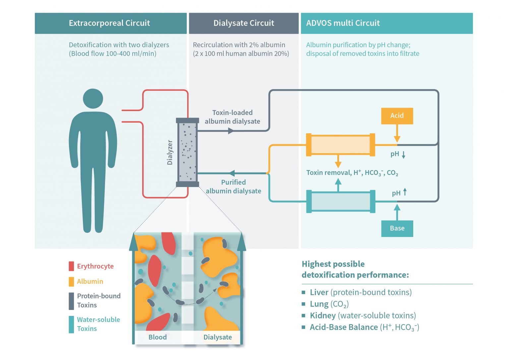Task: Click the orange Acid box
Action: pyautogui.click(x=397, y=116)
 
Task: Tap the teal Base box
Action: pyautogui.click(x=397, y=228)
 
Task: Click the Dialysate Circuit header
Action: pyautogui.click(x=244, y=23)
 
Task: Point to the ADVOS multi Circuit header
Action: pyautogui.click(x=386, y=23)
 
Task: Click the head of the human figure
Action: pyautogui.click(x=93, y=98)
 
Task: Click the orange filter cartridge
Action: pyautogui.click(x=340, y=145)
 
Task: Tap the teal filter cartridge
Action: pyautogui.click(x=340, y=201)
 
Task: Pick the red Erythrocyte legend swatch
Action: pyautogui.click(x=71, y=266)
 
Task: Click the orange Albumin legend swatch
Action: pyautogui.click(x=71, y=281)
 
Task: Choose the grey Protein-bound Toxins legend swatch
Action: pyautogui.click(x=71, y=301)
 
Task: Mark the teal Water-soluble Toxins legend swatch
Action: pyautogui.click(x=71, y=324)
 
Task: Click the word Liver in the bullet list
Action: pyautogui.click(x=319, y=292)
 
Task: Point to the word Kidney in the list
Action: pyautogui.click(x=322, y=316)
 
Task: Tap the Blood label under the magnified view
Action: pyautogui.click(x=157, y=337)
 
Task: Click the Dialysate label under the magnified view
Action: pyautogui.click(x=217, y=337)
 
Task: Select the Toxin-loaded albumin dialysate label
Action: pyautogui.click(x=232, y=117)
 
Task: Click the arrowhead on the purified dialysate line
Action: pyautogui.click(x=232, y=173)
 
